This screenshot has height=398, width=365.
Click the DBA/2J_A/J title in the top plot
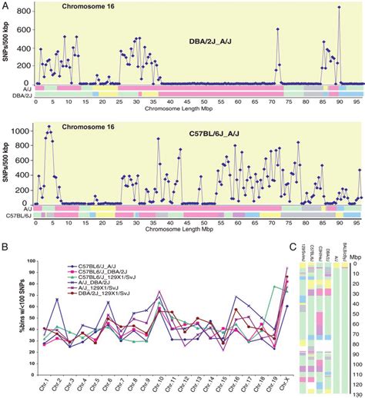[x=219, y=41]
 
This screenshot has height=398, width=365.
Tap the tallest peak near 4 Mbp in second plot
[x=49, y=126]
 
